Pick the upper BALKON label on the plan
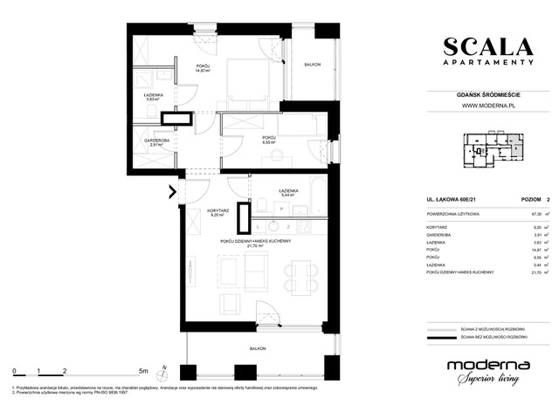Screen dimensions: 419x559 311,66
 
